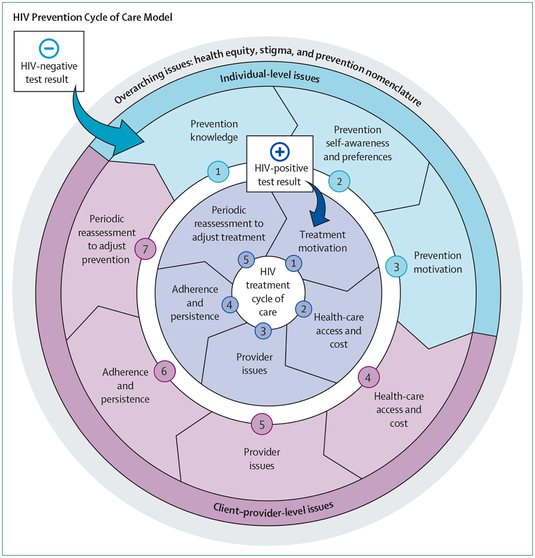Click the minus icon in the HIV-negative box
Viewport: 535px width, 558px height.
pos(49,48)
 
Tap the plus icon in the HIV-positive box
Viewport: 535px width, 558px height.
pos(280,152)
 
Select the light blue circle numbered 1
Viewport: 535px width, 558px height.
pos(218,172)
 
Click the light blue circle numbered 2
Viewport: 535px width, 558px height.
pos(339,181)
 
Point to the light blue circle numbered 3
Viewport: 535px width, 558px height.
pos(397,267)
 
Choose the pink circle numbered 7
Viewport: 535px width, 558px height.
pos(145,249)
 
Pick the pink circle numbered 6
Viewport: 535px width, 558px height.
pos(165,371)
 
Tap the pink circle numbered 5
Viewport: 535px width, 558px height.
pos(262,424)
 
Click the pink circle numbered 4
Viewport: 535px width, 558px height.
pos(369,377)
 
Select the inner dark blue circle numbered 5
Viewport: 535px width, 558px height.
pos(246,260)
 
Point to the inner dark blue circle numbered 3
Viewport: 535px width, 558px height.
pos(263,331)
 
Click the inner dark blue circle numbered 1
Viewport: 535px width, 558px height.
pos(293,263)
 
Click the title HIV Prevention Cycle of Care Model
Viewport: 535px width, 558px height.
pos(93,17)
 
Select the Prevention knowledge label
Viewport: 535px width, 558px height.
pos(214,131)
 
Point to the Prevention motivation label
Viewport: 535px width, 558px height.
pos(438,262)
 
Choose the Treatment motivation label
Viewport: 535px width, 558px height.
pos(322,241)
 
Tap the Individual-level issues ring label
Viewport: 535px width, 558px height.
pos(270,76)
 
